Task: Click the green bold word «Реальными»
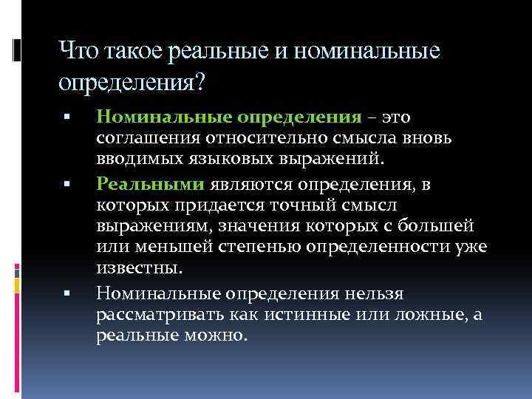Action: coord(141,184)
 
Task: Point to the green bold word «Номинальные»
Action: coord(161,117)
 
